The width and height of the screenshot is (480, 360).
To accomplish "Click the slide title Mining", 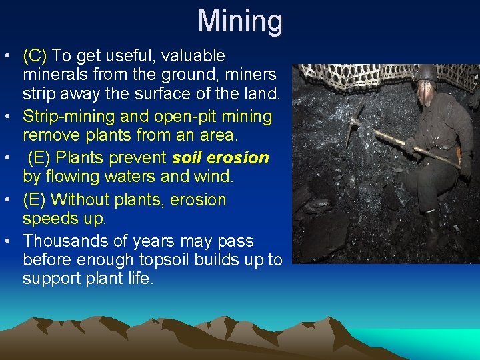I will (240, 21).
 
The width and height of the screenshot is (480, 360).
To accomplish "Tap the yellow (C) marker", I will (35, 55).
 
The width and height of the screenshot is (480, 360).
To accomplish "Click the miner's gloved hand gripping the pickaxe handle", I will (409, 145).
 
